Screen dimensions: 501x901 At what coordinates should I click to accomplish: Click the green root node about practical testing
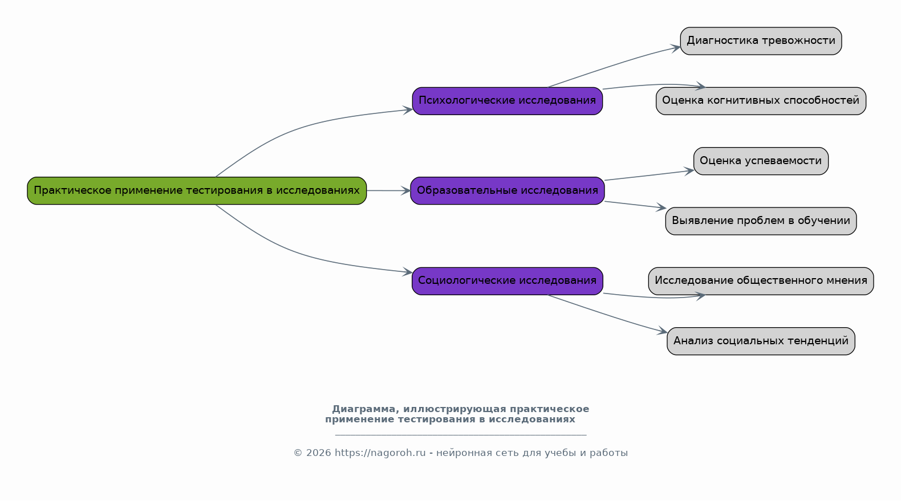197,190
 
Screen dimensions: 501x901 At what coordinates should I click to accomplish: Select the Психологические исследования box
507,101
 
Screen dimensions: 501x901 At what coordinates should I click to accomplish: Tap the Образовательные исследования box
507,190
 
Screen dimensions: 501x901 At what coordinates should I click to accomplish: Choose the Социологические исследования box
507,280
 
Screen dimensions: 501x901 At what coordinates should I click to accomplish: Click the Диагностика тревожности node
761,41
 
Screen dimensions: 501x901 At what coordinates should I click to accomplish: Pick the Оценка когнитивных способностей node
761,101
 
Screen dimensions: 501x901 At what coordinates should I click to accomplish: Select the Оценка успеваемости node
761,161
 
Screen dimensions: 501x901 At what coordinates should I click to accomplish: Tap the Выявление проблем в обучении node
761,221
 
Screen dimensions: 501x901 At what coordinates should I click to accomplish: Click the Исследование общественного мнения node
761,280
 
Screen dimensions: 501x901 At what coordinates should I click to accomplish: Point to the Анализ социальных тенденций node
761,341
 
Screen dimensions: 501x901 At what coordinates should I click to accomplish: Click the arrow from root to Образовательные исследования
388,190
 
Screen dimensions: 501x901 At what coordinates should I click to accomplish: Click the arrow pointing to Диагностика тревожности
616,65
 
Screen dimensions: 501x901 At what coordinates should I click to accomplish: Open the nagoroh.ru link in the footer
380,453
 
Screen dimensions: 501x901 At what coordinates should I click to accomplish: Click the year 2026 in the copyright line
318,453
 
